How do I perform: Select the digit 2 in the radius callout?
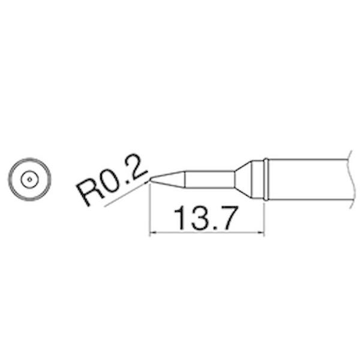coord(137,169)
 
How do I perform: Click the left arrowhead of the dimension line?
coord(152,233)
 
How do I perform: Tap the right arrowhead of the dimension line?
coord(260,233)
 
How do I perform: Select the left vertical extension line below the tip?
coord(149,210)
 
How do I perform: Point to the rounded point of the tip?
coord(151,179)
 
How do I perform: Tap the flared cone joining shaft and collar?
coord(242,179)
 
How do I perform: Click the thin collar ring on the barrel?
coord(265,179)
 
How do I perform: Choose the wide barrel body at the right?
coord(306,179)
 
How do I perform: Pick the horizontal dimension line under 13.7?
coord(206,233)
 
